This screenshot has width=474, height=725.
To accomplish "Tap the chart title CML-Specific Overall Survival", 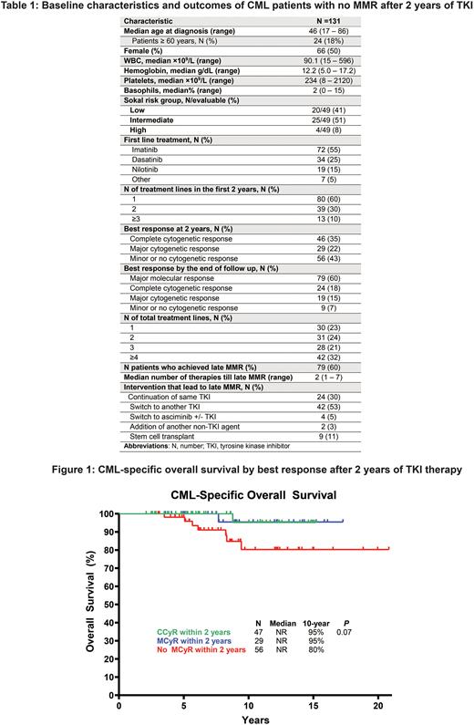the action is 246,498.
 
